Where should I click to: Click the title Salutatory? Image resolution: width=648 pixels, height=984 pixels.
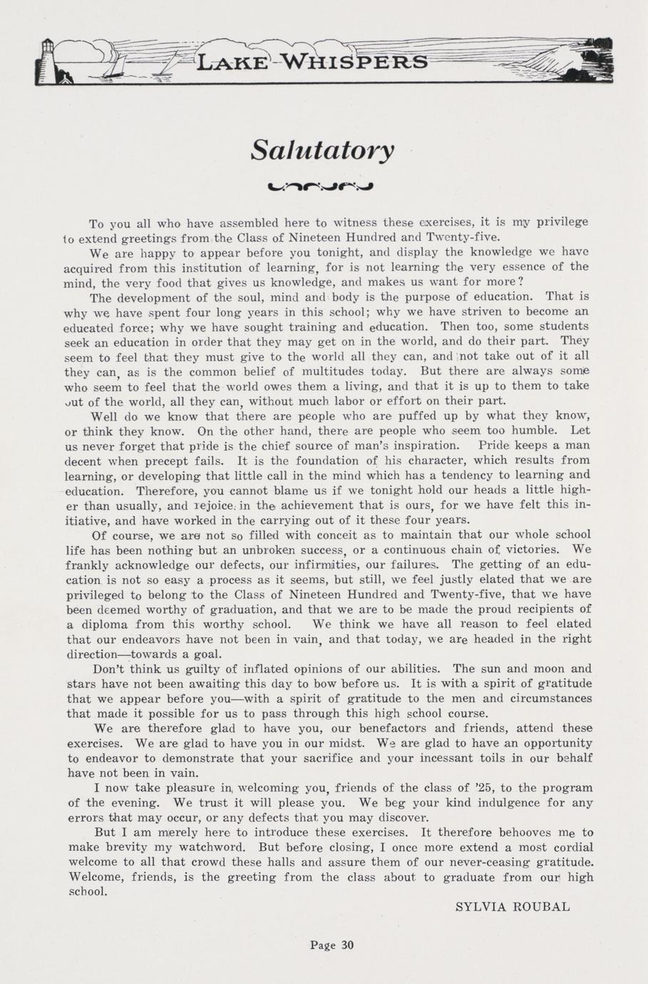[322, 150]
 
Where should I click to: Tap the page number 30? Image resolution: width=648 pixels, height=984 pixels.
[346, 945]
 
